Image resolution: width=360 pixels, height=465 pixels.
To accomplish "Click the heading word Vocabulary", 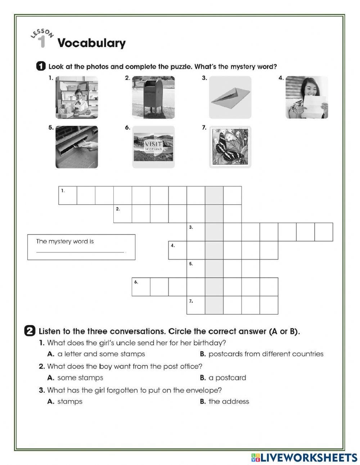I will coord(91,43).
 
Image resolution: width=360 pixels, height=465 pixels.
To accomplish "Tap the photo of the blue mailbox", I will coord(153,97).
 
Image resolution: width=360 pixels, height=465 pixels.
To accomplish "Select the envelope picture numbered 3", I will coord(230,97).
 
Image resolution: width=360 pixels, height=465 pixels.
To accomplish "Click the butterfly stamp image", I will coord(230,147).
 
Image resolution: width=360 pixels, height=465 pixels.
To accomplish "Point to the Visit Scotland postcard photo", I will coord(153,147).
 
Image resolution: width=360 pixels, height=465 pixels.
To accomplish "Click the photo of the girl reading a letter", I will coord(307,97).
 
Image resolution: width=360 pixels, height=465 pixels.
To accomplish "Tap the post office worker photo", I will coord(77,97).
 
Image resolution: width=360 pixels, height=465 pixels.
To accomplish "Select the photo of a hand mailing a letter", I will coord(77,147).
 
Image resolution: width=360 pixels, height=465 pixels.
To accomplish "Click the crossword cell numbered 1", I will coord(68,196).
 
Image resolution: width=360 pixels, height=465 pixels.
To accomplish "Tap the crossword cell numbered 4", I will coord(177,250).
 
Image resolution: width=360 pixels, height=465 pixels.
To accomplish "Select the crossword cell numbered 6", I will coord(141,287).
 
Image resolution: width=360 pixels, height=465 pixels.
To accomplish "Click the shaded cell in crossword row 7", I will coord(214,305).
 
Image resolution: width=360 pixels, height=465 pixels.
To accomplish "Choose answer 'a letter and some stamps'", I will coord(101,354).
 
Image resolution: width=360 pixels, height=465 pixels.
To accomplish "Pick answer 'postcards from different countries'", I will coord(266,354).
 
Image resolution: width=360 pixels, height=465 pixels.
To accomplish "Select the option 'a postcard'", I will coord(227,378).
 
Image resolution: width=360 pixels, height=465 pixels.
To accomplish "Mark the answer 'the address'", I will coord(229,402).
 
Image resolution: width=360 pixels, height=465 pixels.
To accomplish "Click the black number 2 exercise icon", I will coord(30,331).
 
